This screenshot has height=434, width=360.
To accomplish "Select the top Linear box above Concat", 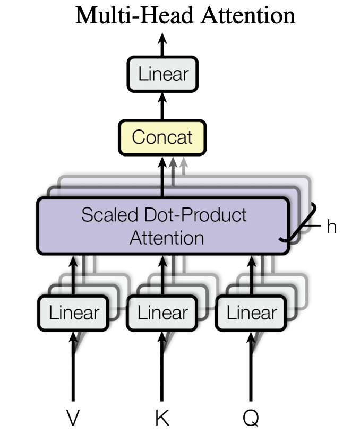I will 162,74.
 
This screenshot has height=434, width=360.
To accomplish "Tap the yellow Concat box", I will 162,137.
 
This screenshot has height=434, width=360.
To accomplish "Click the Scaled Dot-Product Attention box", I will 164,225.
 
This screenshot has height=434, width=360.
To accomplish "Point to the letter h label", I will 331,227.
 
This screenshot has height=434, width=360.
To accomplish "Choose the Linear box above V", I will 73,313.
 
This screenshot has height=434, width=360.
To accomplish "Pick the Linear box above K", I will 162,313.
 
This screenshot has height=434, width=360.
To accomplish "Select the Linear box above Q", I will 251,313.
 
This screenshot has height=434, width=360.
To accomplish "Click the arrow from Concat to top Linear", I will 162,106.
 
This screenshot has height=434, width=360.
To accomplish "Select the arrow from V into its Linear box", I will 73,366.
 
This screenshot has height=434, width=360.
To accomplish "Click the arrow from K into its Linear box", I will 162,366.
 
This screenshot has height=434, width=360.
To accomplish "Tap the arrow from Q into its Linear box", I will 251,366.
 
